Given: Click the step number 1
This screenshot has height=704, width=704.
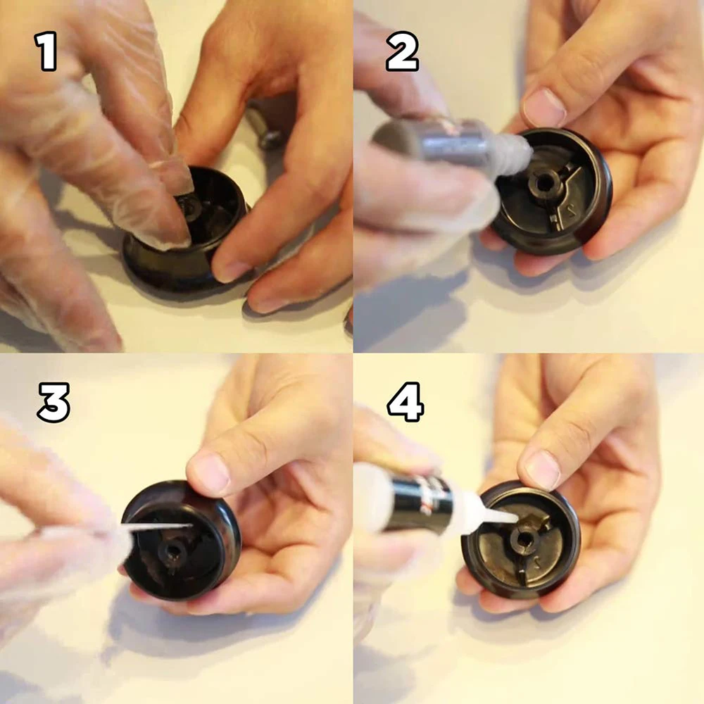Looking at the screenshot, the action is click(46, 51).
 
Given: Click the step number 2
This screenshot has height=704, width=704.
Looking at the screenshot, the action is click(402, 51).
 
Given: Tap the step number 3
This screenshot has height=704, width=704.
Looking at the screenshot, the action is click(54, 402).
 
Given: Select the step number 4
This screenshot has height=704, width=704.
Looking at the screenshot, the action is click(406, 402).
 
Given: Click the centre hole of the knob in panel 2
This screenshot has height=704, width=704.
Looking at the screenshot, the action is click(543, 183).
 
